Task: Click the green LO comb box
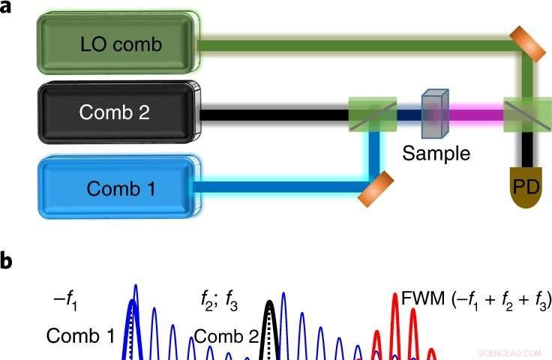120,44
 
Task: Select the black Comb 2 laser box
120,113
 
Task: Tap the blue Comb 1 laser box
120,188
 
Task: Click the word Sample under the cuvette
436,154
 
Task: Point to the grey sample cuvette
433,115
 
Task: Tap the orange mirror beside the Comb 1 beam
376,188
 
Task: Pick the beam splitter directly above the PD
523,114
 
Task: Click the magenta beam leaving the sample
472,115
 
